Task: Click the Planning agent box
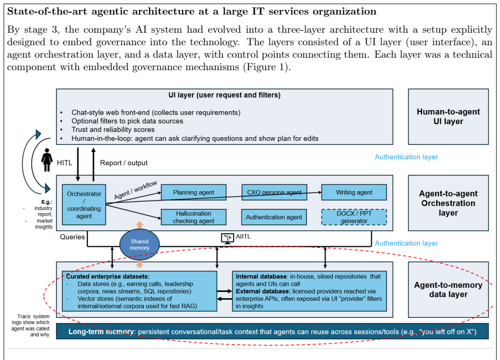pyautogui.click(x=194, y=192)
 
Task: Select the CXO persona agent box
pyautogui.click(x=274, y=192)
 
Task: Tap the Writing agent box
pyautogui.click(x=354, y=192)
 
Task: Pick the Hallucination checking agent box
pyautogui.click(x=194, y=217)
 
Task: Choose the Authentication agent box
pyautogui.click(x=274, y=217)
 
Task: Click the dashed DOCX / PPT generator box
pyautogui.click(x=354, y=217)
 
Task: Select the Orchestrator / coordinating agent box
pyautogui.click(x=84, y=205)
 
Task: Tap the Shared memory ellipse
pyautogui.click(x=139, y=245)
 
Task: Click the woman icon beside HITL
pyautogui.click(x=47, y=160)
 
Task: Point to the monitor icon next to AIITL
pyautogui.click(x=227, y=238)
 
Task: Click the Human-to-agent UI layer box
pyautogui.click(x=448, y=116)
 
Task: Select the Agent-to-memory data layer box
pyautogui.click(x=448, y=289)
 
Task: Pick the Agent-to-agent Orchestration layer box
pyautogui.click(x=448, y=203)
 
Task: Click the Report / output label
pyautogui.click(x=124, y=163)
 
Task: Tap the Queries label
pyautogui.click(x=72, y=237)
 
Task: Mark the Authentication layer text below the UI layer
pyautogui.click(x=406, y=157)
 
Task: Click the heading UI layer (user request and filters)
pyautogui.click(x=224, y=95)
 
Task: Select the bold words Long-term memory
pyautogui.click(x=101, y=332)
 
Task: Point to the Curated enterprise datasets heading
pyautogui.click(x=108, y=276)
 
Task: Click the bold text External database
pyautogui.click(x=263, y=291)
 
